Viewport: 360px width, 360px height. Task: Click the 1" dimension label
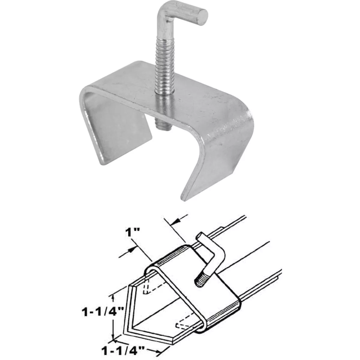[x=131, y=233]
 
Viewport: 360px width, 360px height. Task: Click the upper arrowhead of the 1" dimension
[x=177, y=221]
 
